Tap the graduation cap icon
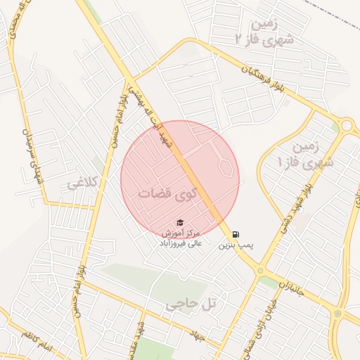(181, 222)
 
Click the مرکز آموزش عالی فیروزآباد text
(181, 238)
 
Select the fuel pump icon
(236, 234)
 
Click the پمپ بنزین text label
(235, 245)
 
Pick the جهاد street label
(198, 336)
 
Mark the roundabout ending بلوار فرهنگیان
(345, 126)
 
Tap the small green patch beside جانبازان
(269, 282)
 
